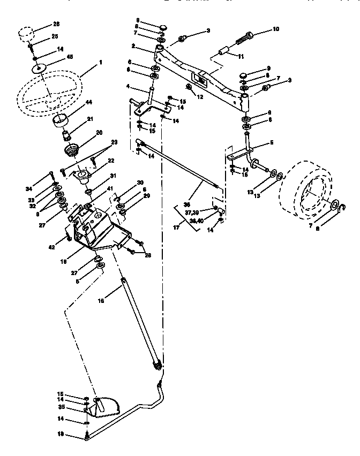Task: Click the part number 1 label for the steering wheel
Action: (100, 63)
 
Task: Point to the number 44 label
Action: (89, 102)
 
